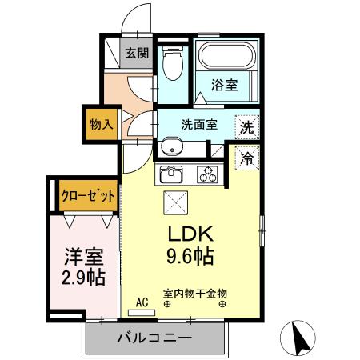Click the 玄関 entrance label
137,54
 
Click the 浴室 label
224,86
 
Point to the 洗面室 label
198,125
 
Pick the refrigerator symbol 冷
247,158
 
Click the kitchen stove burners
208,174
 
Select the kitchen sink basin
172,174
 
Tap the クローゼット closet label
88,195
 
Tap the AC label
142,302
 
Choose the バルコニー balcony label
154,338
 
